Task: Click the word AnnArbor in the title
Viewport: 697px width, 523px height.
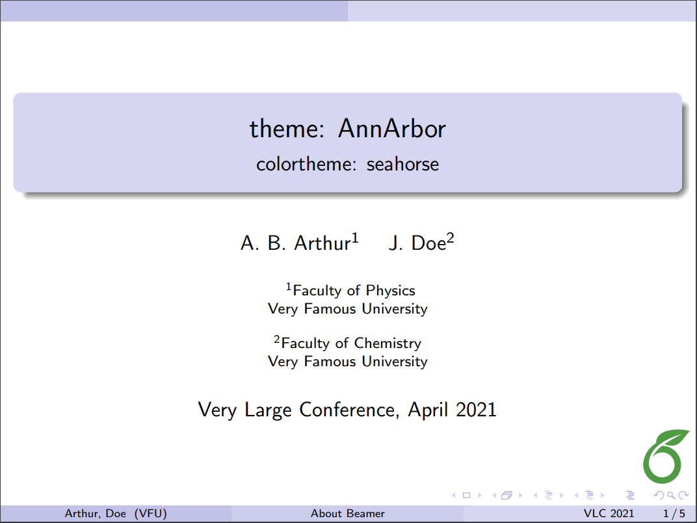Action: [x=391, y=129]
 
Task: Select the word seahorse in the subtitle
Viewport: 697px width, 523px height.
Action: [x=402, y=164]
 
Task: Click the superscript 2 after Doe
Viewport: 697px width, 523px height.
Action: [x=450, y=239]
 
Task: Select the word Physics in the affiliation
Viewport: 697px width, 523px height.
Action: [x=390, y=290]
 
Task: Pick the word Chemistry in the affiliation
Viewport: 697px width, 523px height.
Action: [x=388, y=343]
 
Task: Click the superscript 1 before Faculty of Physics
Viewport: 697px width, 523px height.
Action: [x=289, y=286]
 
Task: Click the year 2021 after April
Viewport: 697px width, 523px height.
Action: [x=475, y=410]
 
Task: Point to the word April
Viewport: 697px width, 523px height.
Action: [x=427, y=410]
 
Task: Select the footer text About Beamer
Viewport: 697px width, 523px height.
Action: [x=348, y=514]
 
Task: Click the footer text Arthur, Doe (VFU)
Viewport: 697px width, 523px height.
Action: [x=116, y=514]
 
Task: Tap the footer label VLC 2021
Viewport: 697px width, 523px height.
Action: [x=609, y=514]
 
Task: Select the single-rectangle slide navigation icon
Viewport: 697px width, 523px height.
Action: [x=466, y=496]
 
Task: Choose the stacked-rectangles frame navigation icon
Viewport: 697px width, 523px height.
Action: [x=506, y=496]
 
